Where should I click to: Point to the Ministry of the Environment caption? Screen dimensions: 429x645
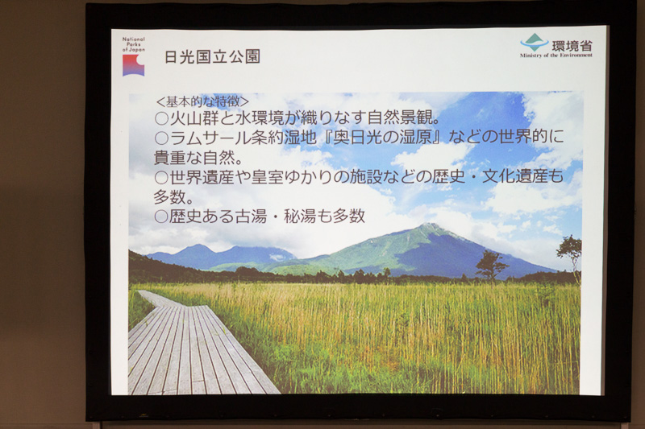coord(556,56)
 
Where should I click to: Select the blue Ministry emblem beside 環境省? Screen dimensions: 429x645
coord(533,43)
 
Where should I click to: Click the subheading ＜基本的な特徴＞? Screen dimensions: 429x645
coord(202,102)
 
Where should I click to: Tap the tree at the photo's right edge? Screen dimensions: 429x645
coord(571,251)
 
